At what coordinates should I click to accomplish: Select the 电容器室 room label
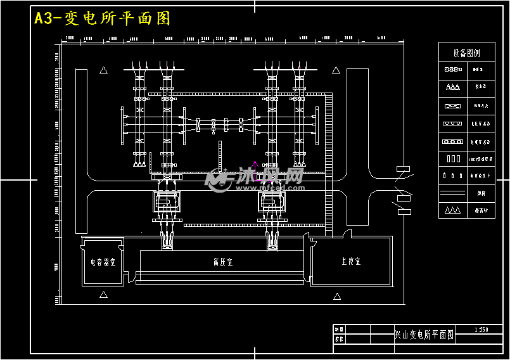103,262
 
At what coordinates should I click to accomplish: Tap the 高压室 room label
222,261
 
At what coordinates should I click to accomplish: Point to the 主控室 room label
350,261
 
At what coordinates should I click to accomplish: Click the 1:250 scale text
481,330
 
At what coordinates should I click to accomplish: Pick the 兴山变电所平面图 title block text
424,335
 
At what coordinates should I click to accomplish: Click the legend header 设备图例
466,53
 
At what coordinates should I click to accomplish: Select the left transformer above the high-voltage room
167,202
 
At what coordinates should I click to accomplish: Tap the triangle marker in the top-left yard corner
103,70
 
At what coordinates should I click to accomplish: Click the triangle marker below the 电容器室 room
103,295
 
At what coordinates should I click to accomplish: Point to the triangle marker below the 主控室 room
336,295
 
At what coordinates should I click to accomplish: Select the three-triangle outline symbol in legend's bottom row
452,210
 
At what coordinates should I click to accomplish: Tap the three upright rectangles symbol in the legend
452,158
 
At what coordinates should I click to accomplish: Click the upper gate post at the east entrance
403,169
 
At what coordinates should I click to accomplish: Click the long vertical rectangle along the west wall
81,151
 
